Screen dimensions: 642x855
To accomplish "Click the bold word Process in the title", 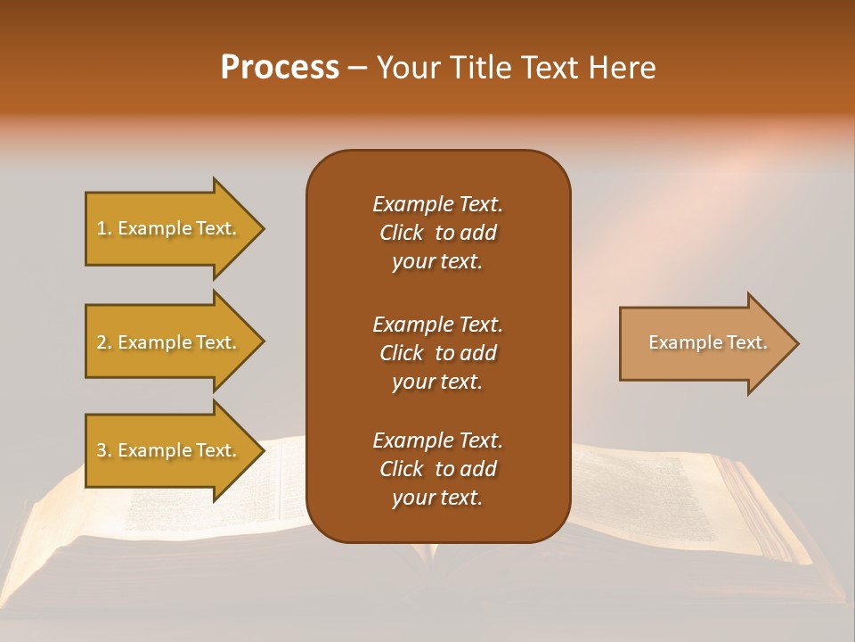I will coord(280,68).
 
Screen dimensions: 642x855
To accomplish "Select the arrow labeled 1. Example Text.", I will coord(169,228).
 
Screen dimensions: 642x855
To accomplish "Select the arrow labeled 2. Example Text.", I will coord(169,342).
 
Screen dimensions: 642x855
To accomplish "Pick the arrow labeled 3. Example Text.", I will coord(169,450).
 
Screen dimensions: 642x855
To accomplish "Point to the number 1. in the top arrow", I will coord(103,228).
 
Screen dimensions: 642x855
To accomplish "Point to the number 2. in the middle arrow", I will coord(103,342).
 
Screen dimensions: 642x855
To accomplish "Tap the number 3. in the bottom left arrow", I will coord(103,450).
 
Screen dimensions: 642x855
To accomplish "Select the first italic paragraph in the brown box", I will coord(437,233).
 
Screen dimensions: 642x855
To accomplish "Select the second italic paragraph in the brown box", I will coord(437,352).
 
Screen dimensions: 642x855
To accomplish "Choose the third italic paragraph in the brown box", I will coord(437,469).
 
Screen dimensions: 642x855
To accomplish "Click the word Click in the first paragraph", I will coord(402,233).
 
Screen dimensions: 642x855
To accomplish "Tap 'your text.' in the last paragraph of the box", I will coord(437,498).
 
